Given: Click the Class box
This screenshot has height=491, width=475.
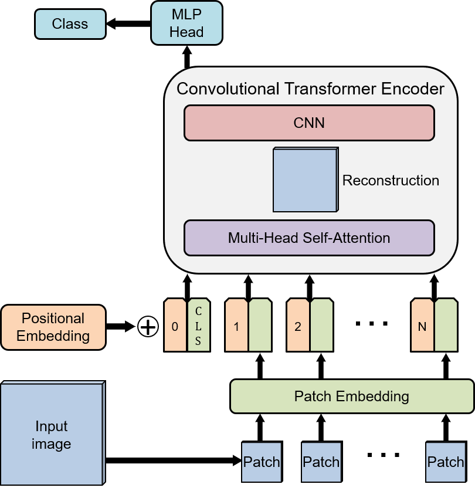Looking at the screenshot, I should pyautogui.click(x=70, y=24).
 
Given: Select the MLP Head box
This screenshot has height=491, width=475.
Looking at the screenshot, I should pyautogui.click(x=186, y=23).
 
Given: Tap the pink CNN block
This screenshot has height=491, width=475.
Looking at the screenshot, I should pyautogui.click(x=309, y=123).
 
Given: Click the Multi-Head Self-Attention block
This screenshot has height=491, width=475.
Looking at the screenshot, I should pyautogui.click(x=309, y=238).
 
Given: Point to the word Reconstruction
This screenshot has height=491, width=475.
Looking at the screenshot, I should pyautogui.click(x=391, y=180).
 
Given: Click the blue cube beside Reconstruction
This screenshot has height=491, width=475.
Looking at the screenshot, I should pyautogui.click(x=305, y=180).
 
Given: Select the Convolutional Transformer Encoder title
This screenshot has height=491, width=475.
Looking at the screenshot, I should pyautogui.click(x=310, y=89).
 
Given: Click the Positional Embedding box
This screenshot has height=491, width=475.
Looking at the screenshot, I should pyautogui.click(x=53, y=327).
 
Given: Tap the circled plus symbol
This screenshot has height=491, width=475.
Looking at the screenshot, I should pyautogui.click(x=148, y=327).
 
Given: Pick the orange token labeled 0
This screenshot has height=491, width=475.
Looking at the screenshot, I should pyautogui.click(x=175, y=326).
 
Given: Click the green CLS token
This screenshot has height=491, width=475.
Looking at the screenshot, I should pyautogui.click(x=198, y=326).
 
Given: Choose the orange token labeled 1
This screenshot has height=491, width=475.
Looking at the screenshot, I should pyautogui.click(x=236, y=326).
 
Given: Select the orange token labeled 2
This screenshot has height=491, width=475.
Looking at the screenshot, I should pyautogui.click(x=298, y=326).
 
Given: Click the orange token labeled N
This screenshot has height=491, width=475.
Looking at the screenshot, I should pyautogui.click(x=422, y=326).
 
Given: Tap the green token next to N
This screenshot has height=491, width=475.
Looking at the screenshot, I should pyautogui.click(x=446, y=326).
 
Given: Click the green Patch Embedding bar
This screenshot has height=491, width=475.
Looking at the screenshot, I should pyautogui.click(x=351, y=396).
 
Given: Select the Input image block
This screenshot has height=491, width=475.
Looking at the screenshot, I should pyautogui.click(x=52, y=435).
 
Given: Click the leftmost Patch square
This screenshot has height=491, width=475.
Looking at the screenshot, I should pyautogui.click(x=262, y=462).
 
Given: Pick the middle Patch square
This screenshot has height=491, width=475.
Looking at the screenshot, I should pyautogui.click(x=321, y=462).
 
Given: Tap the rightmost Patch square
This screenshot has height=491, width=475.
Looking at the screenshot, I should pyautogui.click(x=446, y=462).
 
